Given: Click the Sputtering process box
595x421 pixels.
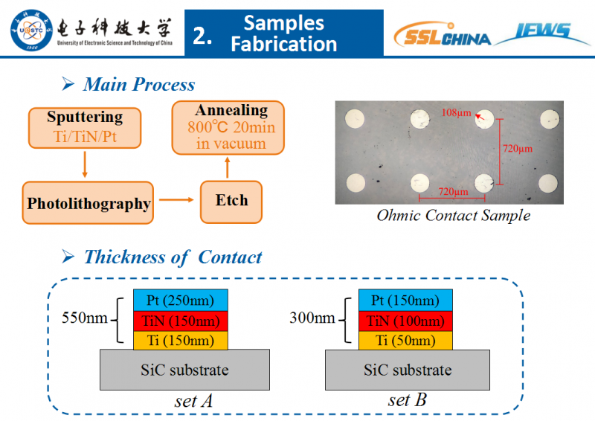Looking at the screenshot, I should [x=85, y=126].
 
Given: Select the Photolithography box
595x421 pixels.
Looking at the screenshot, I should [x=89, y=202].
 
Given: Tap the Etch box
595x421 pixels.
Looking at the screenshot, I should [x=232, y=200].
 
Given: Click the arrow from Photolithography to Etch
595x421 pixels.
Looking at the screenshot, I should [x=176, y=199].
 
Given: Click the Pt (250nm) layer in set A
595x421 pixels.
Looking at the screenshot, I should [x=181, y=301].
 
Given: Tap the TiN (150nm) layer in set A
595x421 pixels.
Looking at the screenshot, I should [x=181, y=321].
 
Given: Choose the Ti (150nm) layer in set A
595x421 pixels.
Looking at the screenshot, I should [x=181, y=341].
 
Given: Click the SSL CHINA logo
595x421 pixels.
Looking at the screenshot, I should [x=442, y=36].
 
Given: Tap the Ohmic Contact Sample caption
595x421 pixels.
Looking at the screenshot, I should [x=453, y=216].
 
